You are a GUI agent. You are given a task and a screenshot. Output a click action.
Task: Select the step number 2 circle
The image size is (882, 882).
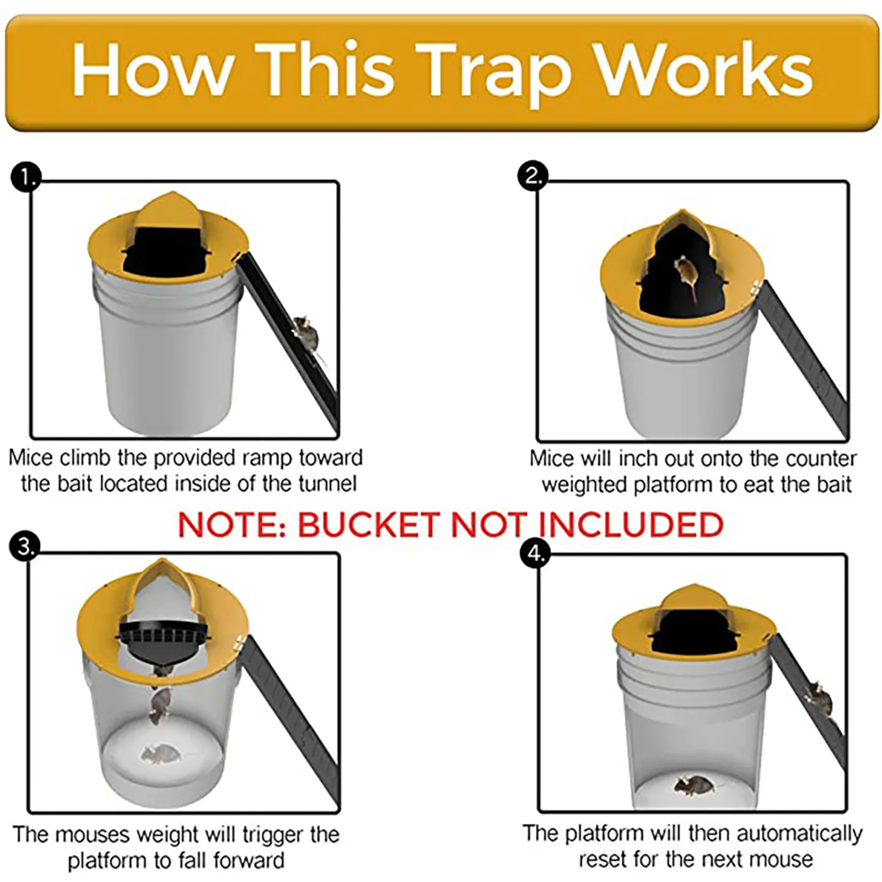(x=533, y=176)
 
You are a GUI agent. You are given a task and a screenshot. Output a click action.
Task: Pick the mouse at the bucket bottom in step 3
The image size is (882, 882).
(x=157, y=754)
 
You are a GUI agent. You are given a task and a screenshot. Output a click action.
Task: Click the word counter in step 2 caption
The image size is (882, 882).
(x=821, y=459)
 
